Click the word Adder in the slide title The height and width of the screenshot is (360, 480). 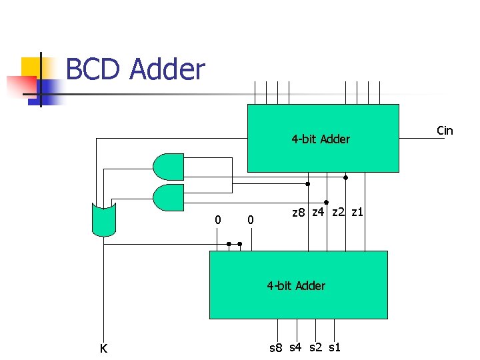(167, 69)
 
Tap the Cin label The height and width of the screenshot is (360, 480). (445, 131)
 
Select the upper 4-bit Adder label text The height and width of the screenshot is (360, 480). (321, 139)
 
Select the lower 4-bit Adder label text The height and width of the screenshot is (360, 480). (296, 286)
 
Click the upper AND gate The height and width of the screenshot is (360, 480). (168, 167)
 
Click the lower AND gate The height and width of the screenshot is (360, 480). (168, 197)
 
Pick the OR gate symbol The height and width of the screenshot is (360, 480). (103, 220)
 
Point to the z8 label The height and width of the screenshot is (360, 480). (299, 213)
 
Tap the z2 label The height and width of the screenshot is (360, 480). (338, 212)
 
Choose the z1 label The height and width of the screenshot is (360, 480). (357, 212)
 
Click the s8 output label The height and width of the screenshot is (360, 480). (276, 348)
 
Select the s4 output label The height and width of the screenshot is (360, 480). (296, 347)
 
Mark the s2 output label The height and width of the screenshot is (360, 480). (315, 347)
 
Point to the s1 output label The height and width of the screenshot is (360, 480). (335, 347)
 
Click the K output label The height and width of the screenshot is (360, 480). (103, 348)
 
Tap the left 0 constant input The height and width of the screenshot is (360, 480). (217, 219)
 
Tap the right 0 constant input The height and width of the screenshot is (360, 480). (250, 219)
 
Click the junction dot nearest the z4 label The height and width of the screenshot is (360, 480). (326, 202)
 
